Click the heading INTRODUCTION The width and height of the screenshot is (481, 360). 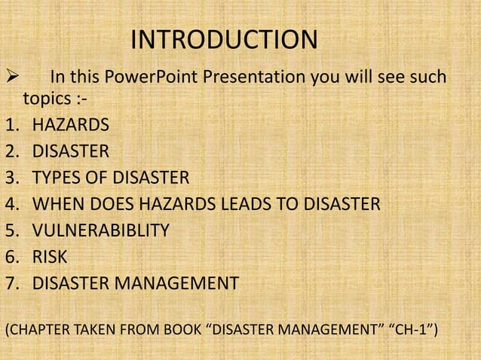(225, 41)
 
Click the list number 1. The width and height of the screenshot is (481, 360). (11, 125)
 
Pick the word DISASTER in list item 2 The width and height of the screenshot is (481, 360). (70, 151)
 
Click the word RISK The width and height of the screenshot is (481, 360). (50, 257)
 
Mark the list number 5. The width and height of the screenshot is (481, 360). (11, 230)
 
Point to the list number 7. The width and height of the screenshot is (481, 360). (11, 283)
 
